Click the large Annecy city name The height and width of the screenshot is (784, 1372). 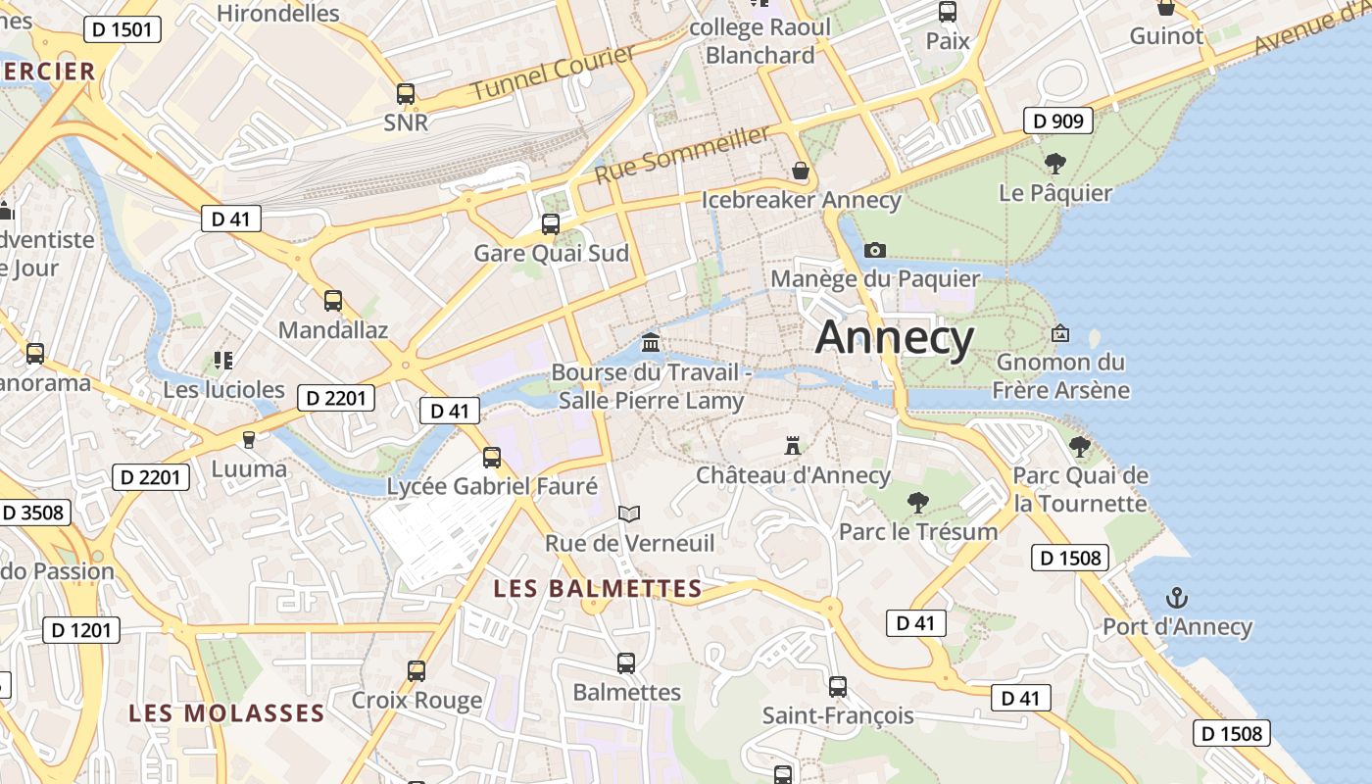pos(895,337)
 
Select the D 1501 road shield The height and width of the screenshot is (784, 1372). pos(122,29)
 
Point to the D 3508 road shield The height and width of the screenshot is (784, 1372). pos(32,513)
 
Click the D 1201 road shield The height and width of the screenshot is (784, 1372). pos(81,630)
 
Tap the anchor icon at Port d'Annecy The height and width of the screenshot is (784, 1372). pos(1176,597)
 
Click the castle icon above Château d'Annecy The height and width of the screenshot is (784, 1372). pos(793,446)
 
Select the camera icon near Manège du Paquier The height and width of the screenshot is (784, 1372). pos(875,250)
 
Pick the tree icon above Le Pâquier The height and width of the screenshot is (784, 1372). pos(1055,163)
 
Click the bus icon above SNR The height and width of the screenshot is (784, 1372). pos(406,94)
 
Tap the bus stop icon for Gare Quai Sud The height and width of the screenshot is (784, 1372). pos(551,224)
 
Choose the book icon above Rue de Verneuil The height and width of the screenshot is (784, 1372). pos(629,514)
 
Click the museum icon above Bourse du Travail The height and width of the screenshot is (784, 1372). pos(651,342)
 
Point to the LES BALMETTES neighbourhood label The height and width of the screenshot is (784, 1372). pos(598,589)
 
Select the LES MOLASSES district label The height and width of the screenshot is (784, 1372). pos(226,712)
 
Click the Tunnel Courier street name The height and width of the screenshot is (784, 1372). pos(554,72)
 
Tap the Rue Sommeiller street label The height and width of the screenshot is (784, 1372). pos(682,154)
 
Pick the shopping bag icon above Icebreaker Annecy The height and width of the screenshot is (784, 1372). pos(801,171)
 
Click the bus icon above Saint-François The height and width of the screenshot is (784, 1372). pos(837,687)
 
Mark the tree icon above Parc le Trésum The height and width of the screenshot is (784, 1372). pos(918,503)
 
